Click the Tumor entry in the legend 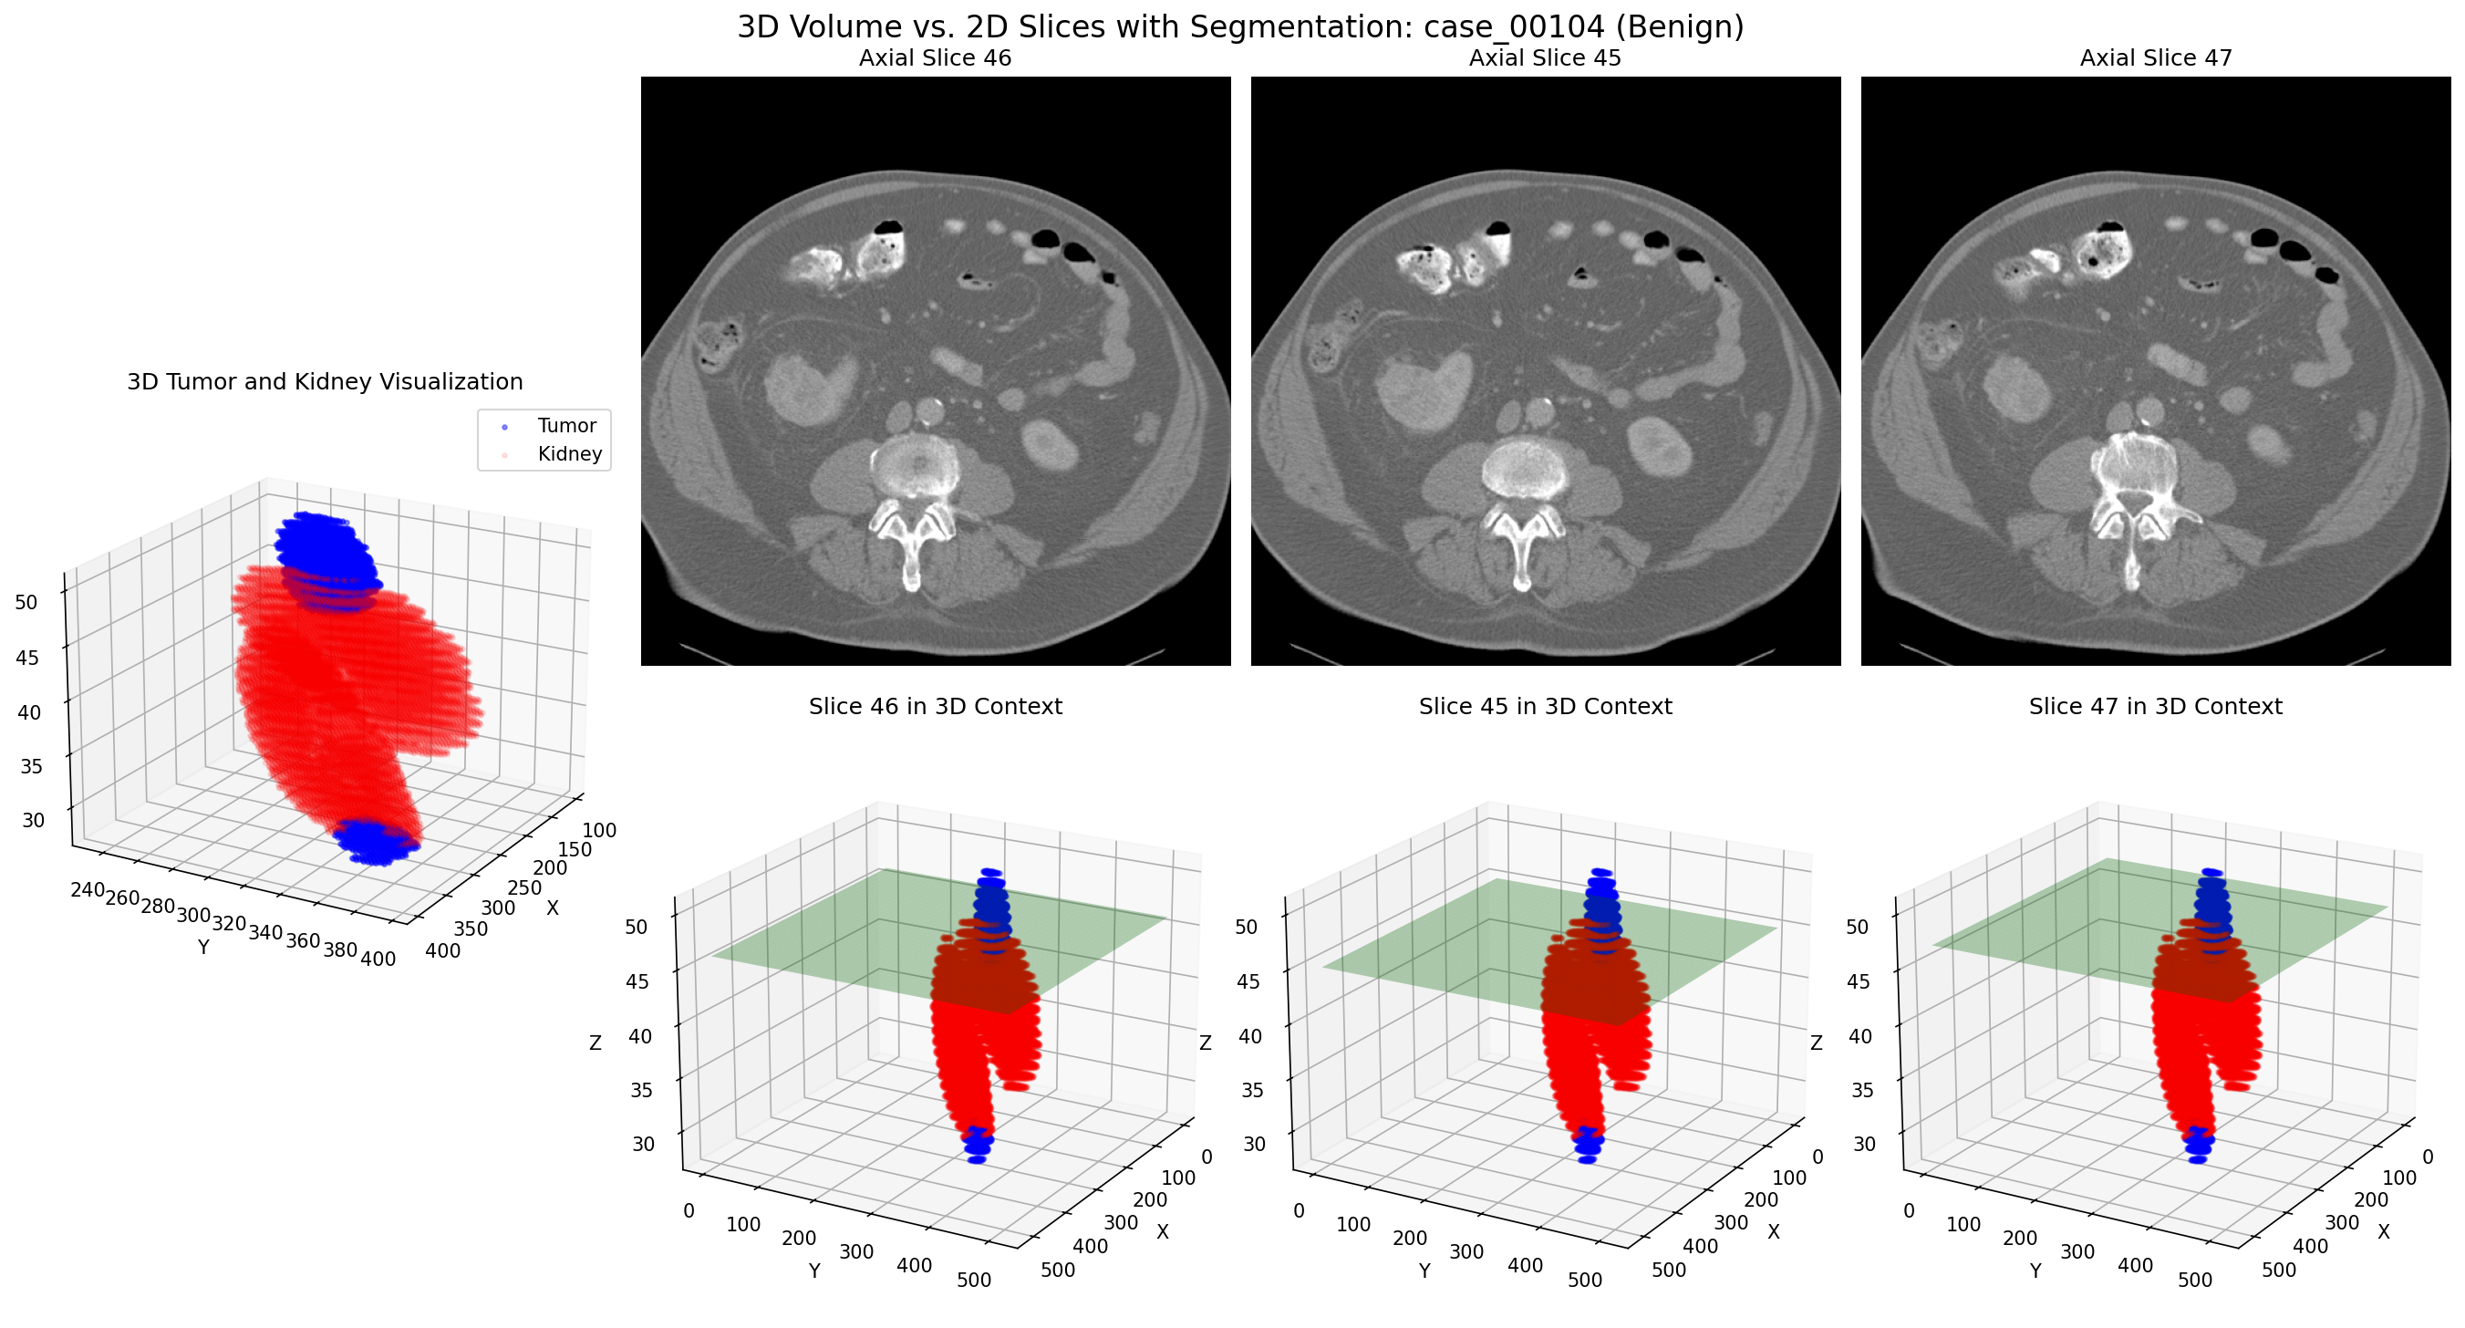click(565, 426)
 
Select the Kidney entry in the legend click(568, 454)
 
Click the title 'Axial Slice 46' click(935, 58)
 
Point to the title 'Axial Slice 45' click(1545, 58)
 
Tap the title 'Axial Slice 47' click(2155, 58)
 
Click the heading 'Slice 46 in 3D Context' click(935, 707)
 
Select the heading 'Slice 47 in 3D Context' click(2155, 707)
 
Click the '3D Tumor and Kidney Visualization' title click(325, 383)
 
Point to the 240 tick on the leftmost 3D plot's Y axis click(87, 890)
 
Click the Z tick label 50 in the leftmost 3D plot click(26, 603)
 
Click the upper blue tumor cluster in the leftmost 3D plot click(324, 550)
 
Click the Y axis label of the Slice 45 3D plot click(1424, 1271)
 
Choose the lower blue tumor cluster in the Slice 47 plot click(2197, 1144)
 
